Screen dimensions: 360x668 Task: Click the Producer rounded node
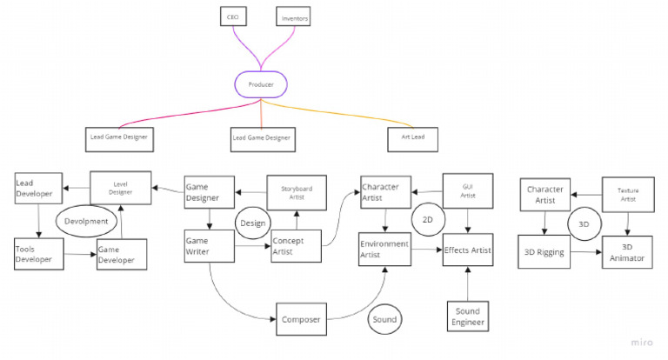262,84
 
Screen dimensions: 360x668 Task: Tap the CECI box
230,17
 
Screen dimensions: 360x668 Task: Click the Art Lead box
411,137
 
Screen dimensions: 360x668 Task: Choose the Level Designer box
121,188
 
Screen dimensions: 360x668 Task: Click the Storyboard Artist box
296,193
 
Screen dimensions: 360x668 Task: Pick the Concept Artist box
296,247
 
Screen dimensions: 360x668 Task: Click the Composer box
301,319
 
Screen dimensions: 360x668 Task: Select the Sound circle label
384,319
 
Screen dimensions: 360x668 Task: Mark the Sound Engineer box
467,317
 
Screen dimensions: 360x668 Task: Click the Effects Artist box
467,250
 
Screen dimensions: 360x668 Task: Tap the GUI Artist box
469,191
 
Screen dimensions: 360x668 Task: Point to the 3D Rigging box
544,253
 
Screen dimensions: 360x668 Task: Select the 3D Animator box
627,253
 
